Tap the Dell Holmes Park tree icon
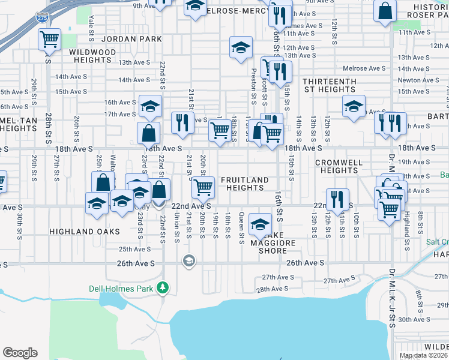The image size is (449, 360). tap(162, 289)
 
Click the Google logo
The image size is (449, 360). tap(20, 353)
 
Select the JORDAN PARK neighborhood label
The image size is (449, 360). tap(132, 39)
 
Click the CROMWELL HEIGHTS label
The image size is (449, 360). tap(340, 166)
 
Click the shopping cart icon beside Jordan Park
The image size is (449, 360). tap(49, 40)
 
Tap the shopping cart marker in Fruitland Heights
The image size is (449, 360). tap(203, 187)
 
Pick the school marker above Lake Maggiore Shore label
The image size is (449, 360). tap(260, 224)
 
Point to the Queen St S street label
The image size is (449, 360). tap(241, 229)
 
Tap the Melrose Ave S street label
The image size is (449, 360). tap(367, 68)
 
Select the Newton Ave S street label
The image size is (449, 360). tap(418, 80)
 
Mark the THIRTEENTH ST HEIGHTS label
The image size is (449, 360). tap(330, 85)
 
